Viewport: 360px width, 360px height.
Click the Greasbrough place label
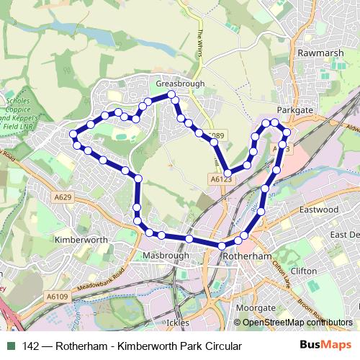176,84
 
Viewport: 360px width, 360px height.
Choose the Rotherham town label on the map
246,256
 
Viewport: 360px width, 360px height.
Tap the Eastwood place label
318,210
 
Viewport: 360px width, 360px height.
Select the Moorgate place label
256,307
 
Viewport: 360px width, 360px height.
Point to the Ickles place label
178,323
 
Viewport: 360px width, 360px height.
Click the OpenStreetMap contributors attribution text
297,323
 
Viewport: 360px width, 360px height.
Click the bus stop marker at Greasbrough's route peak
171,95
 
